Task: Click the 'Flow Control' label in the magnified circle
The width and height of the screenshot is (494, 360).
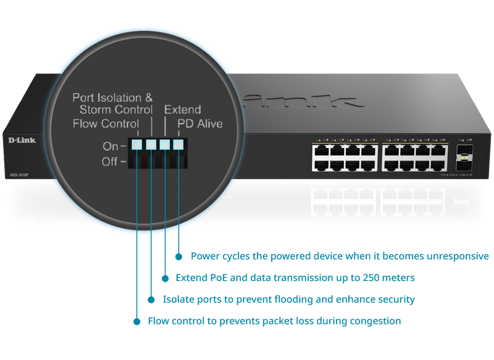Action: coord(105,124)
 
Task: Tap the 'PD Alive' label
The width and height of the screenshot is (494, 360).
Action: coord(200,124)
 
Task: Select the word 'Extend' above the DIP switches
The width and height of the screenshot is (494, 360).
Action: coord(182,110)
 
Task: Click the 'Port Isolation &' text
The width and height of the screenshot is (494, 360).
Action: coord(112,98)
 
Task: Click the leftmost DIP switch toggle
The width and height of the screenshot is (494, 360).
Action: coord(136,146)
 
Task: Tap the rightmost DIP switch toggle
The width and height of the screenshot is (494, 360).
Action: coord(178,146)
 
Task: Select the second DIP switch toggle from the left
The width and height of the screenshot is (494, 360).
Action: coord(151,146)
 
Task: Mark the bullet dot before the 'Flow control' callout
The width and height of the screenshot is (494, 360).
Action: coord(136,321)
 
